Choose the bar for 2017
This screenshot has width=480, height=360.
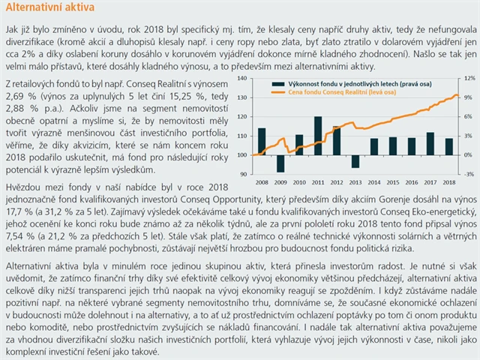pos(430,143)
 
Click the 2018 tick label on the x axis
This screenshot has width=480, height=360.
pos(448,182)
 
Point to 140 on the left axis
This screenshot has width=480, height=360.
pos(241,79)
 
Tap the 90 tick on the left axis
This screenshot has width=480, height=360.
pos(243,174)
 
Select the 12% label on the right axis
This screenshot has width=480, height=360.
pos(468,79)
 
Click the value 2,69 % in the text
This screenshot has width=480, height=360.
pos(19,97)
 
